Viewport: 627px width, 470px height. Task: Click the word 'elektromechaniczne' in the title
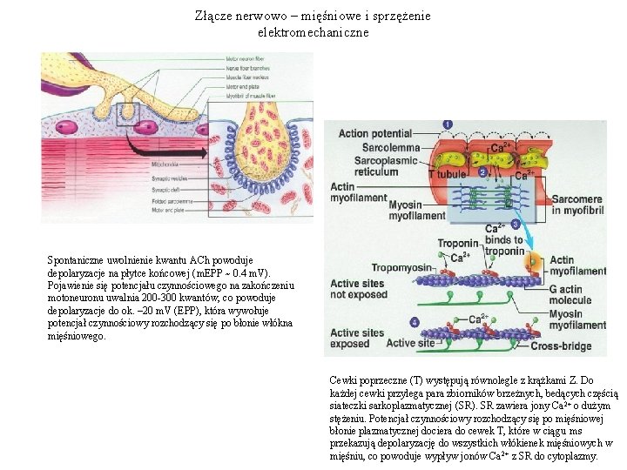click(313, 32)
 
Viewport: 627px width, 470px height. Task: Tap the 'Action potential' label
click(374, 134)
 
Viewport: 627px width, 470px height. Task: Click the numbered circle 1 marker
click(448, 125)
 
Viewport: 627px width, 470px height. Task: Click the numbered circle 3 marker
click(516, 225)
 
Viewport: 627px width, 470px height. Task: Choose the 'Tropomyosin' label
click(401, 267)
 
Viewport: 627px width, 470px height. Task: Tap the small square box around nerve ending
click(123, 116)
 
